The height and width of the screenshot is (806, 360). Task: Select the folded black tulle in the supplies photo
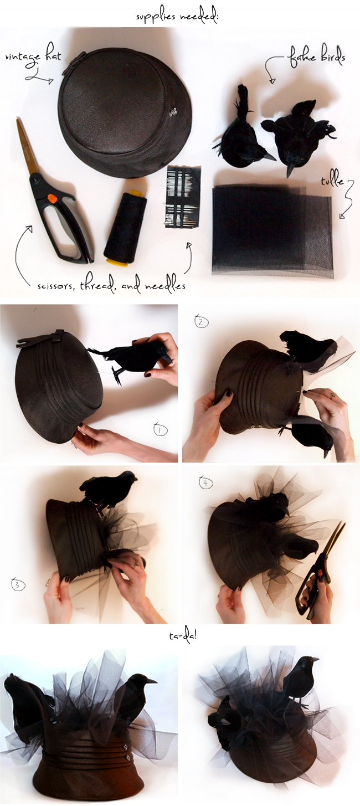(x=271, y=229)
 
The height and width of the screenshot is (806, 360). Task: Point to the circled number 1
(x=161, y=429)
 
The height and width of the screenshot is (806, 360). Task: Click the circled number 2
(x=201, y=321)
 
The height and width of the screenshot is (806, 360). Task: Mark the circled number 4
(x=205, y=484)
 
